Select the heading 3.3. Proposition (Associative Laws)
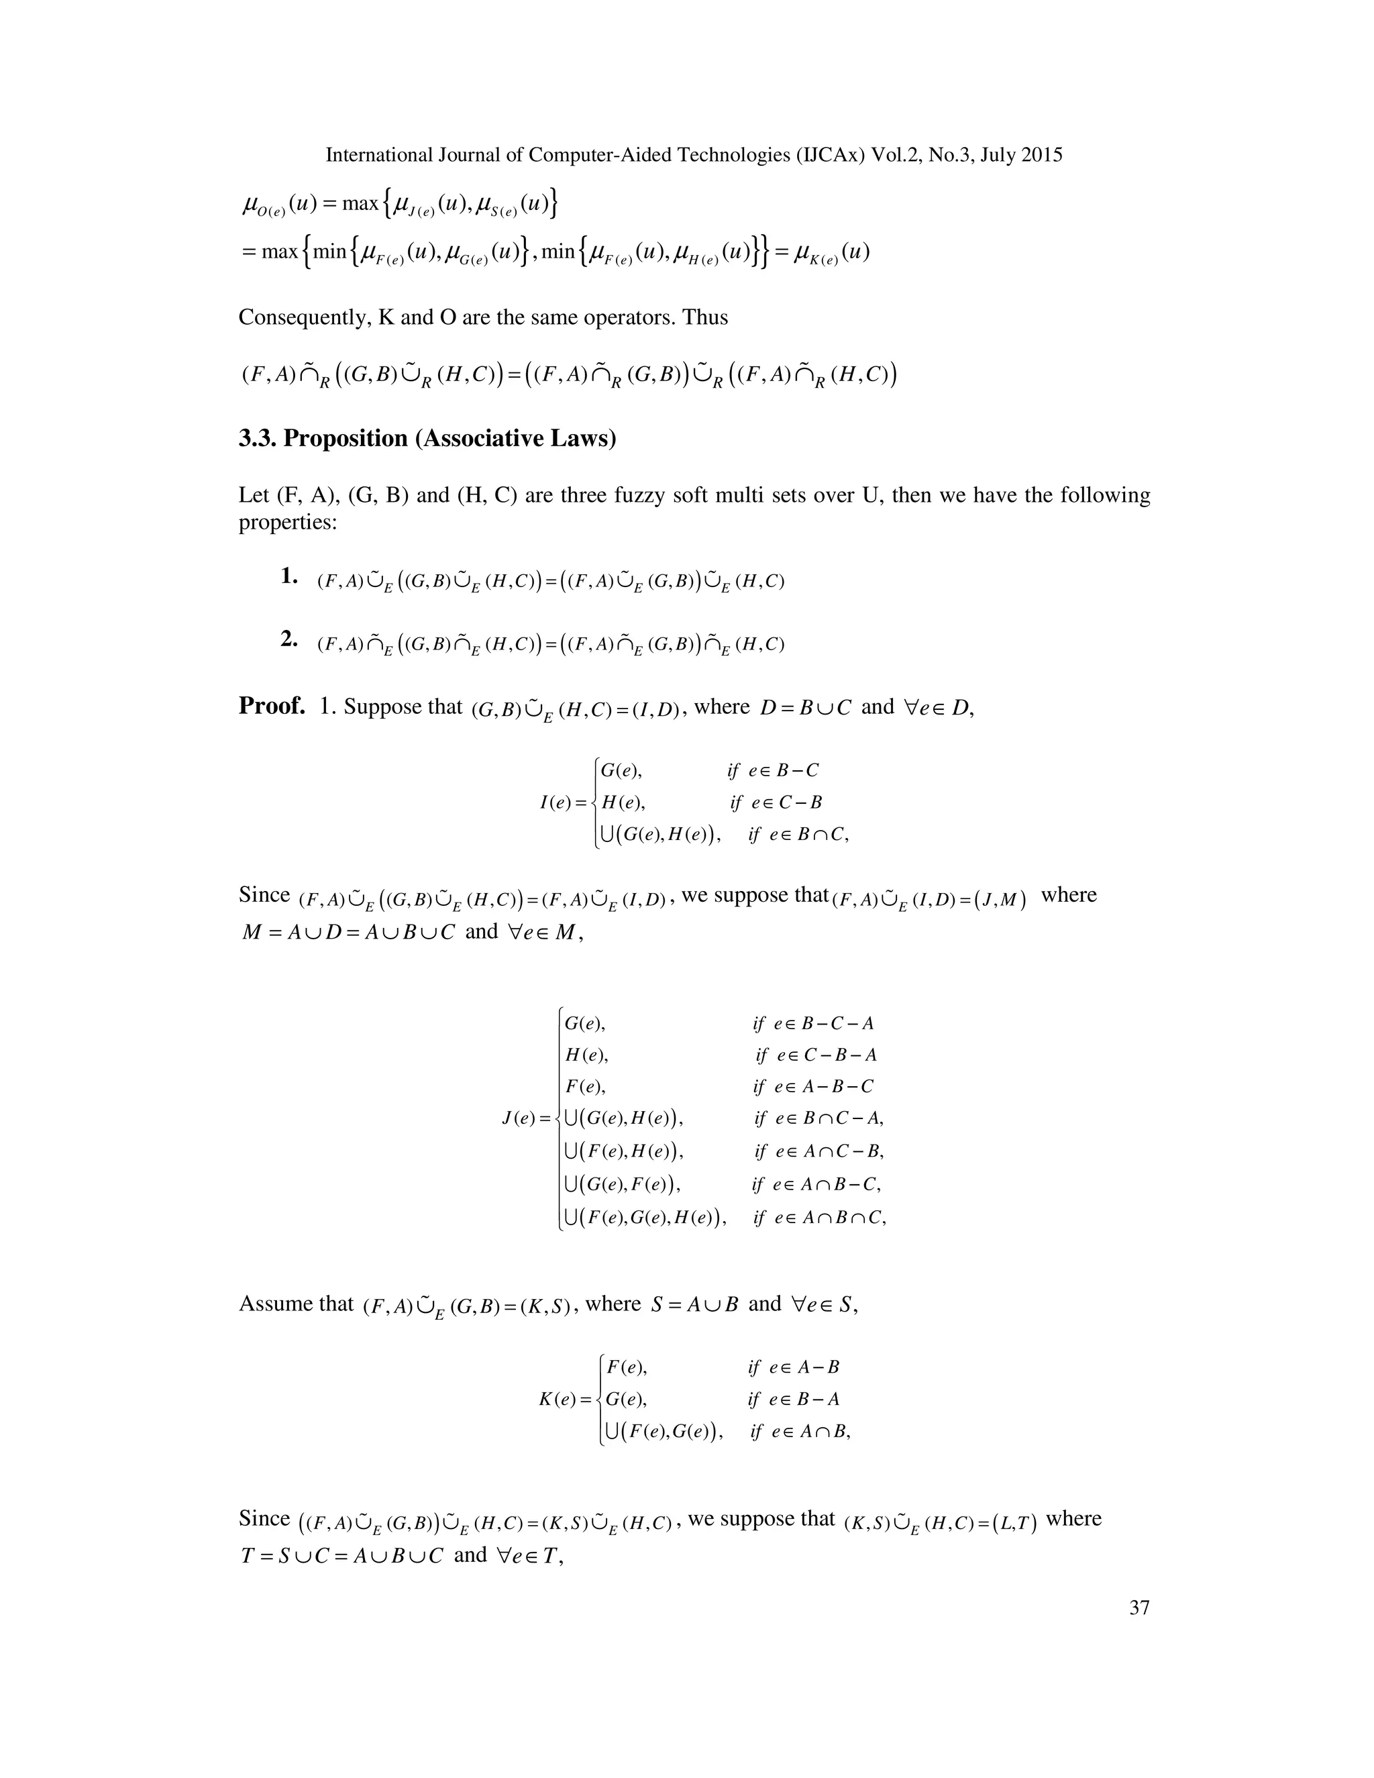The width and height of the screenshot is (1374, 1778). point(427,439)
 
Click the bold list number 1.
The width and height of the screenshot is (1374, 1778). point(288,577)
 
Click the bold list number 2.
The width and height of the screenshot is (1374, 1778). point(288,640)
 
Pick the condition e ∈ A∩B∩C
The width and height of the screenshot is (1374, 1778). point(820,1218)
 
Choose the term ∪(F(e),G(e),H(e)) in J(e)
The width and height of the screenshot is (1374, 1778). point(645,1218)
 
